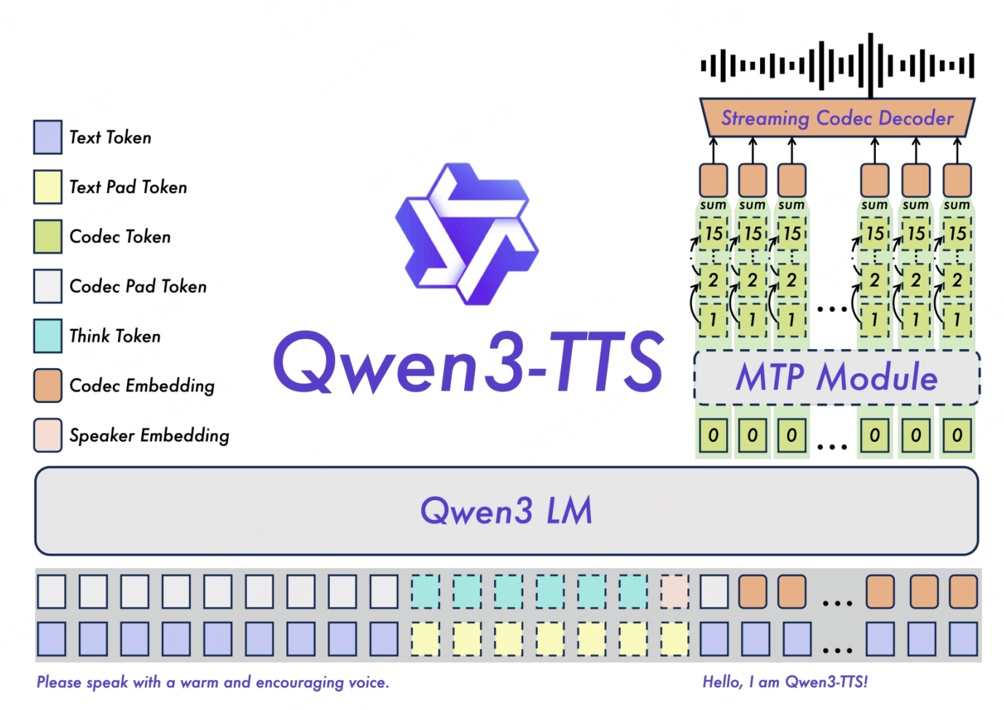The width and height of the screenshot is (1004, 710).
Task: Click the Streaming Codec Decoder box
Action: pyautogui.click(x=836, y=118)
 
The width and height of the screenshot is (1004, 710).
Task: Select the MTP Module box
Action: pyautogui.click(x=836, y=378)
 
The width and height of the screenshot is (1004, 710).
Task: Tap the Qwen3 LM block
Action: pyautogui.click(x=506, y=510)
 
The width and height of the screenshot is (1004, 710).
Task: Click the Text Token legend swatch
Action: pyautogui.click(x=47, y=137)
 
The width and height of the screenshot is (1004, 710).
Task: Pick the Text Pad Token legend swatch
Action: pyautogui.click(x=47, y=187)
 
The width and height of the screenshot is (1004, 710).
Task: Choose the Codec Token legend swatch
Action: pyautogui.click(x=47, y=236)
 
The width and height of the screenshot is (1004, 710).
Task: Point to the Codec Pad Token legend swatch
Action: pyautogui.click(x=47, y=286)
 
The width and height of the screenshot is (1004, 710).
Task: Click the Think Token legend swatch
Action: pyautogui.click(x=47, y=335)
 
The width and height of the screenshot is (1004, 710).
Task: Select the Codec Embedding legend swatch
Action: pyautogui.click(x=47, y=385)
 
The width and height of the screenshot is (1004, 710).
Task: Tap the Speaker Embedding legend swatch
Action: pyautogui.click(x=47, y=435)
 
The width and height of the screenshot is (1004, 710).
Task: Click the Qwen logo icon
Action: pyautogui.click(x=467, y=233)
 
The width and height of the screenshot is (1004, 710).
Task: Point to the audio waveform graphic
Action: pyautogui.click(x=836, y=66)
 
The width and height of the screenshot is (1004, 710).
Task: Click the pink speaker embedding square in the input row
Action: pyautogui.click(x=675, y=591)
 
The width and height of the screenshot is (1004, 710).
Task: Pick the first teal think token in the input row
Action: pyautogui.click(x=425, y=591)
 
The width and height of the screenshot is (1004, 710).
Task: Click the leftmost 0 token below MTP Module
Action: pyautogui.click(x=713, y=435)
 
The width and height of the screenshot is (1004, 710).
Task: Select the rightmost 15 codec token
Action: pyautogui.click(x=957, y=233)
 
